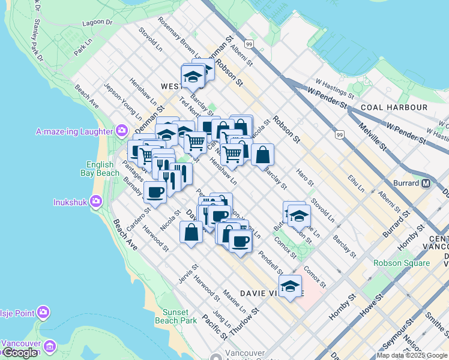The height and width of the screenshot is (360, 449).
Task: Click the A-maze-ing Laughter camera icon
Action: coord(122,131)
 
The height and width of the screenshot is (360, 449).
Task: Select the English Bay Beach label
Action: coord(103,169)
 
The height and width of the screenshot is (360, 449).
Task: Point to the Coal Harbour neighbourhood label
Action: coord(394,107)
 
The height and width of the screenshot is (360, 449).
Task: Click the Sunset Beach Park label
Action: coord(176,316)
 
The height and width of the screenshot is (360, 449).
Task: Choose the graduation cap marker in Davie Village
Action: coord(290,286)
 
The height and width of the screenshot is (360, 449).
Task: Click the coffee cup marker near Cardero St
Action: coord(155,193)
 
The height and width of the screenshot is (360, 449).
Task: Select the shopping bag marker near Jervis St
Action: coord(191,232)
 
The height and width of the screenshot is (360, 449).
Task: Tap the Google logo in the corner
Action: coord(20,353)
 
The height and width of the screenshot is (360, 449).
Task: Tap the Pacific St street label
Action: coord(215,327)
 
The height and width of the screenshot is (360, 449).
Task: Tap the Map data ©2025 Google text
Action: coord(412,355)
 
